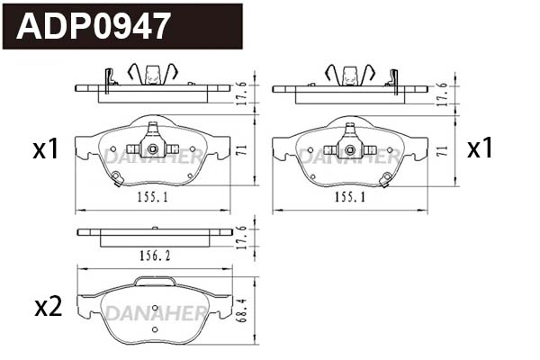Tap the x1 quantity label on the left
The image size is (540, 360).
45,148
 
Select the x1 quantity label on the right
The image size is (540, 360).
480,148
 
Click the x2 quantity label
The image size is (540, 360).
47,307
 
